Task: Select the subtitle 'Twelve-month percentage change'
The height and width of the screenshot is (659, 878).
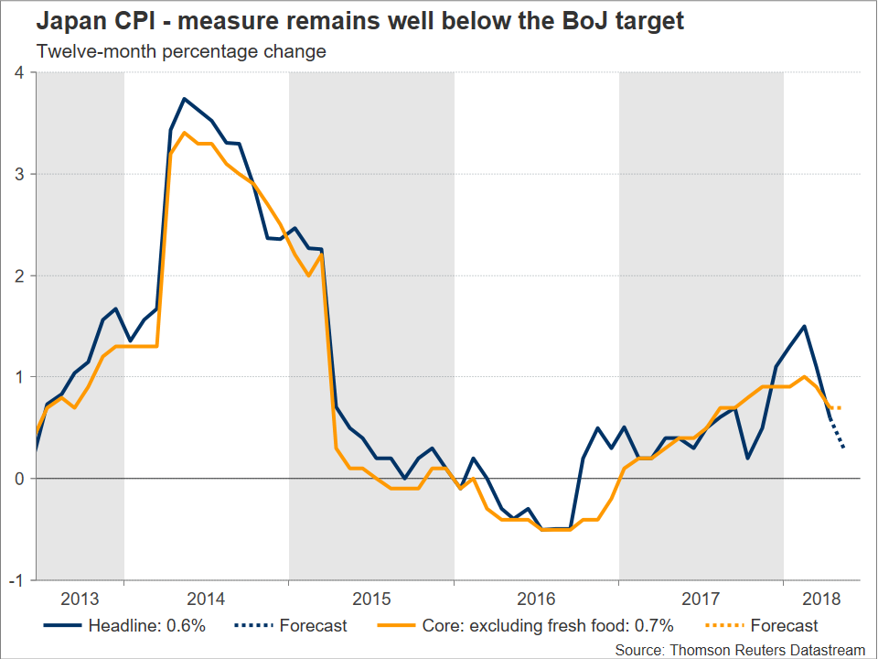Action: coord(181,51)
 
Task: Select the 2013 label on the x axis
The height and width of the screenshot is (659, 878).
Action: coord(80,600)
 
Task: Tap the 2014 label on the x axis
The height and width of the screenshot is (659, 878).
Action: coord(206,600)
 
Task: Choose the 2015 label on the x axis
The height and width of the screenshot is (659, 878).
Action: coord(370,600)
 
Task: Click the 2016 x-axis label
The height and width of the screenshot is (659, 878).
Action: coord(536,600)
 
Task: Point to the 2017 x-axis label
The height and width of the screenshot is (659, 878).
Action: coord(701,600)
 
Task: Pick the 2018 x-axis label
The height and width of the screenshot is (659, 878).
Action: coord(821,600)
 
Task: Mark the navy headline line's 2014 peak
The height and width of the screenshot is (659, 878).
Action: coord(185,99)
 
